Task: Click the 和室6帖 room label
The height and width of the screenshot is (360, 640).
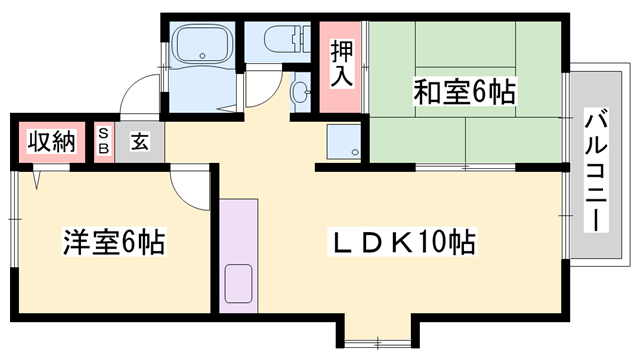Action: [464, 93]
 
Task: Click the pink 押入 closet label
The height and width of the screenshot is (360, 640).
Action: [339, 63]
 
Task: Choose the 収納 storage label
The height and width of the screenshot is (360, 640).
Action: [50, 141]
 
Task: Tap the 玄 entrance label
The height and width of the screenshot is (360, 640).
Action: [139, 141]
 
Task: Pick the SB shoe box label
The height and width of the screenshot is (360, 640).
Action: [103, 141]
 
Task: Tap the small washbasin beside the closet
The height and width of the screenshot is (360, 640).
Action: [300, 92]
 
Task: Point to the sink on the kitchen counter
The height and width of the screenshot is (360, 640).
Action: [240, 282]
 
